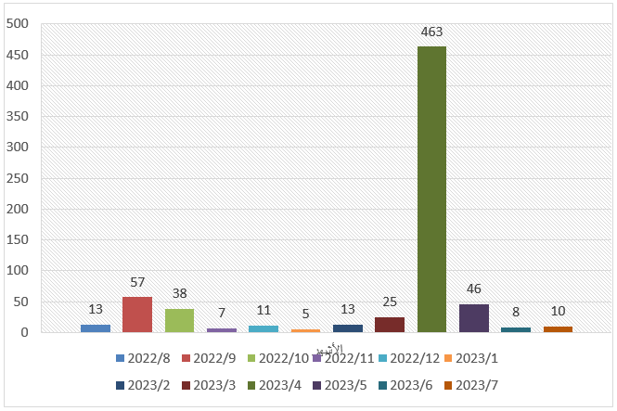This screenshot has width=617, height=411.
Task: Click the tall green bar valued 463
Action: (x=431, y=189)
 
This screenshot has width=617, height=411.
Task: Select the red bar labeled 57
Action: (x=137, y=315)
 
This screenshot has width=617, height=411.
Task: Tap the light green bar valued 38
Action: (x=179, y=320)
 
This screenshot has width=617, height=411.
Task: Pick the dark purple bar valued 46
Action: (x=474, y=317)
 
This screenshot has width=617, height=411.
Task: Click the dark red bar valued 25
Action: (x=390, y=324)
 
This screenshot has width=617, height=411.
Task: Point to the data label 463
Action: (x=431, y=32)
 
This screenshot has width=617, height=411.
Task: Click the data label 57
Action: (x=137, y=282)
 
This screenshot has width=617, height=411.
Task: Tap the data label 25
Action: (x=390, y=302)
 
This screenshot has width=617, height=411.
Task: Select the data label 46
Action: (x=474, y=289)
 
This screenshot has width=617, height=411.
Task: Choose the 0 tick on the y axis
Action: (x=29, y=332)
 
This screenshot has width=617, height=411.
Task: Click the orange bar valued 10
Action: (x=558, y=328)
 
